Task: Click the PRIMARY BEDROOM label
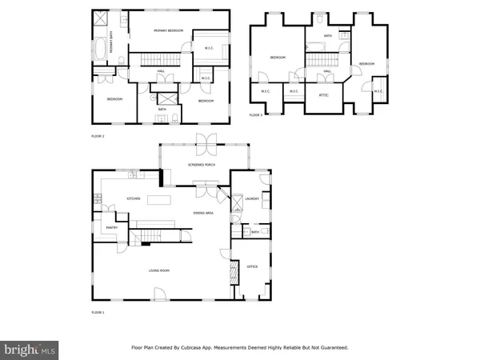168,30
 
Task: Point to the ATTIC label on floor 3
324,95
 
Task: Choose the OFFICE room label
251,266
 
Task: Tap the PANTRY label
112,228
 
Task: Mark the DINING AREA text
203,213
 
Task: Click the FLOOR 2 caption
98,137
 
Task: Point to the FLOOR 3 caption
255,116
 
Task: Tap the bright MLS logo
30,350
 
